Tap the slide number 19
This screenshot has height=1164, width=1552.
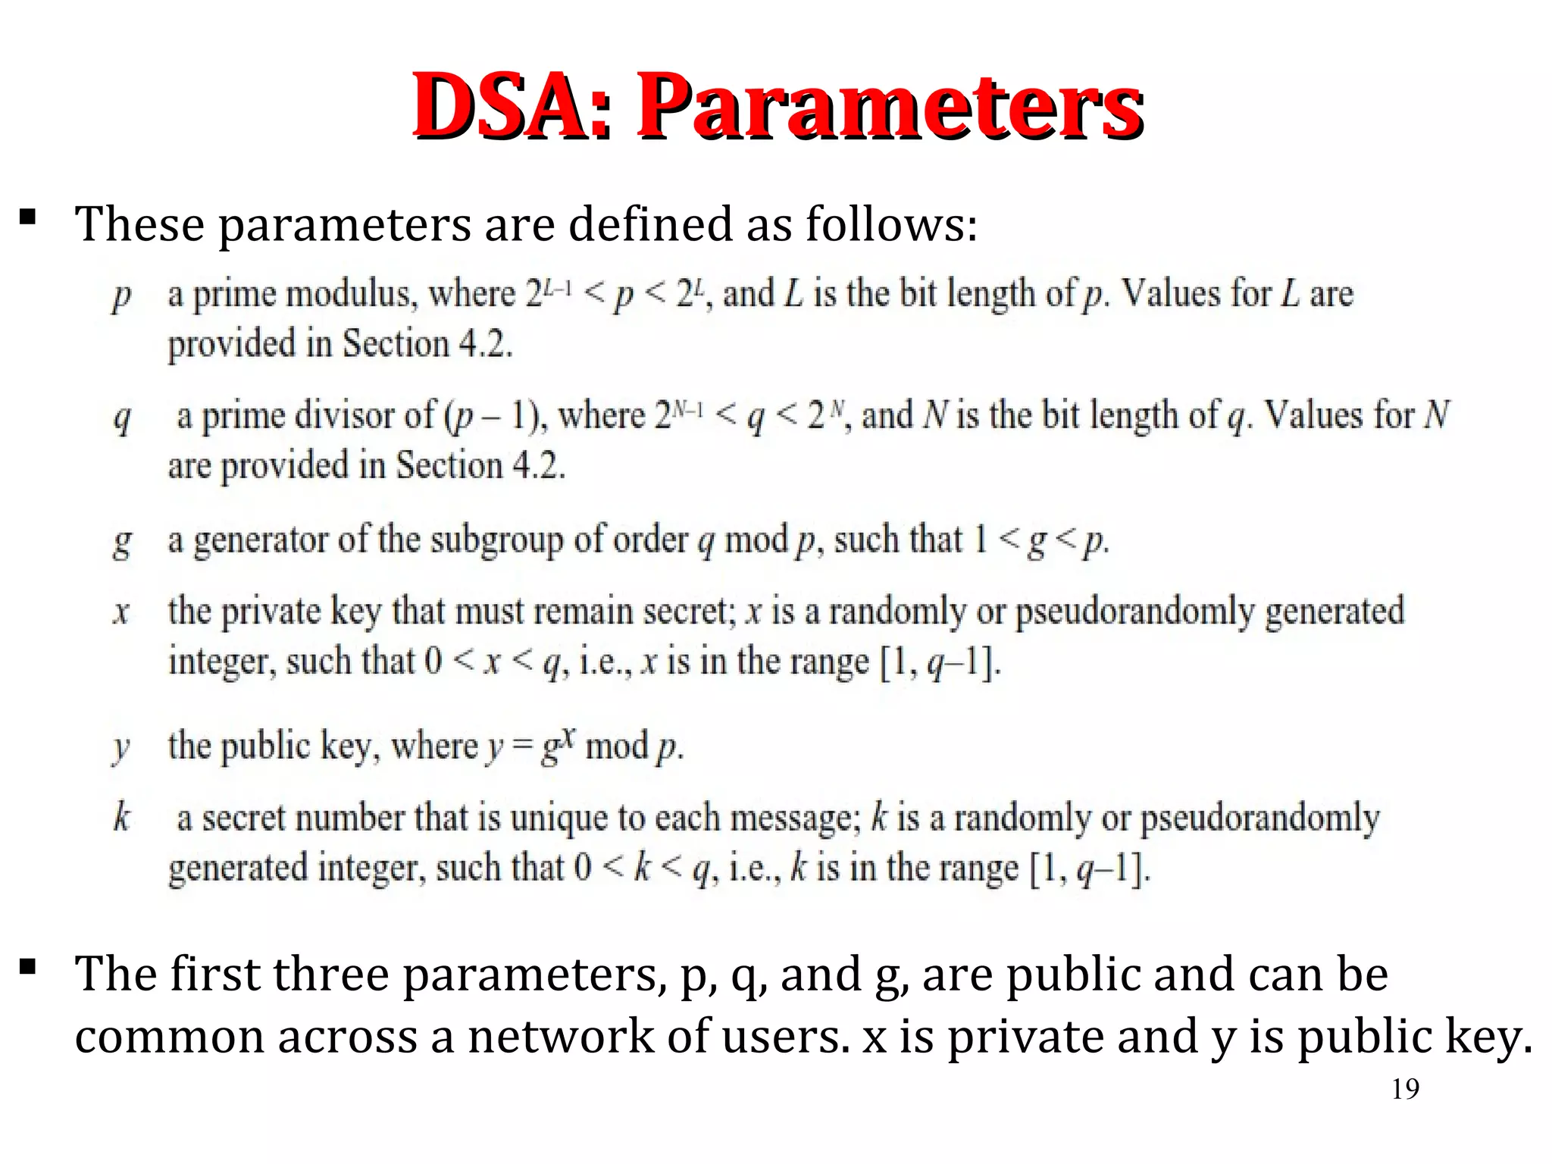[1405, 1089]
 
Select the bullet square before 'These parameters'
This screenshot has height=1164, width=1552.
[28, 218]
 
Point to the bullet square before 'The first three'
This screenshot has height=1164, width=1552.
[28, 967]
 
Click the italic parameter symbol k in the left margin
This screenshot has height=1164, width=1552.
[121, 817]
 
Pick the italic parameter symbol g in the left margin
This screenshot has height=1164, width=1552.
[121, 541]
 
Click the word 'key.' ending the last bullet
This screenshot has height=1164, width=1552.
[1489, 1036]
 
